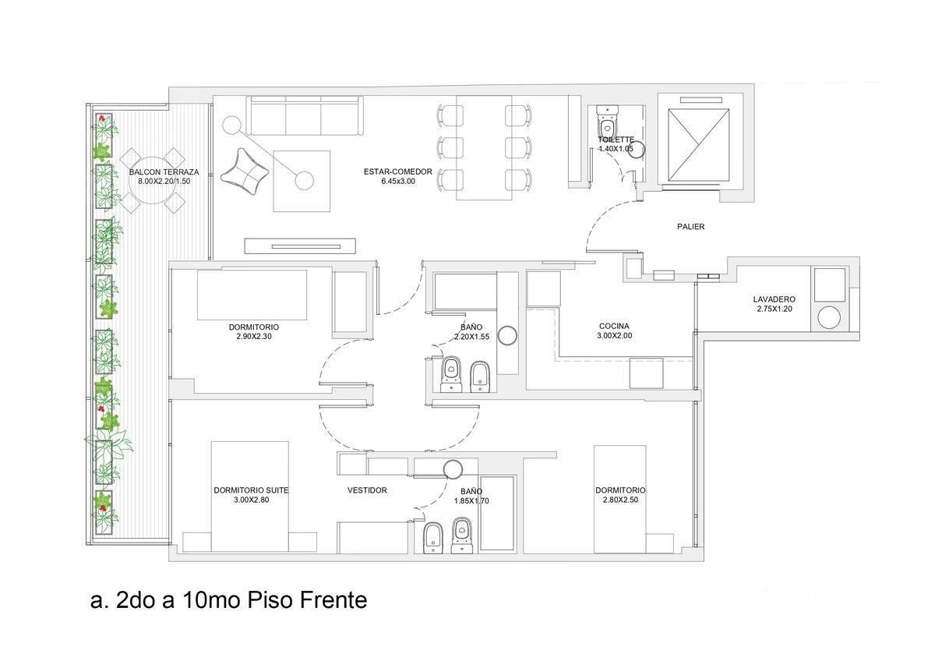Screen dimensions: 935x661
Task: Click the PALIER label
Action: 690,227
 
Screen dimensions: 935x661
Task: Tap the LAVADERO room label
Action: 774,299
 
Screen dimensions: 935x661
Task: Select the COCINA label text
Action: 614,326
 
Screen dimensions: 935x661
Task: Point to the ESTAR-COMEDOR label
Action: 398,171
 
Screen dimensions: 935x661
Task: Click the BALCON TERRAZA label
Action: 164,172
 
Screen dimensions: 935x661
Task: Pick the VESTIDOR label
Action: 367,490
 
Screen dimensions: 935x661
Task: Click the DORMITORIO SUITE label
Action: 251,490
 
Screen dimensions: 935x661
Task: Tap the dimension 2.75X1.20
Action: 774,309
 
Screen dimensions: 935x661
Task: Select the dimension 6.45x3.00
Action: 398,181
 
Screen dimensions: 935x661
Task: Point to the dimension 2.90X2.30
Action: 254,337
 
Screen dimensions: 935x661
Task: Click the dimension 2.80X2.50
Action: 620,500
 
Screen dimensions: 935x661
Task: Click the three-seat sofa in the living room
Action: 305,115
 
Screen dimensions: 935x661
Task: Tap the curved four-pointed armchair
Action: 244,172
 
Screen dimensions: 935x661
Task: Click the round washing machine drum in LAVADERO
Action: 828,318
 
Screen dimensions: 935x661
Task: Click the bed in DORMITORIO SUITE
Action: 249,497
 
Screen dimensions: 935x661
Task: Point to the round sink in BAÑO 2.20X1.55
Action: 508,335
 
